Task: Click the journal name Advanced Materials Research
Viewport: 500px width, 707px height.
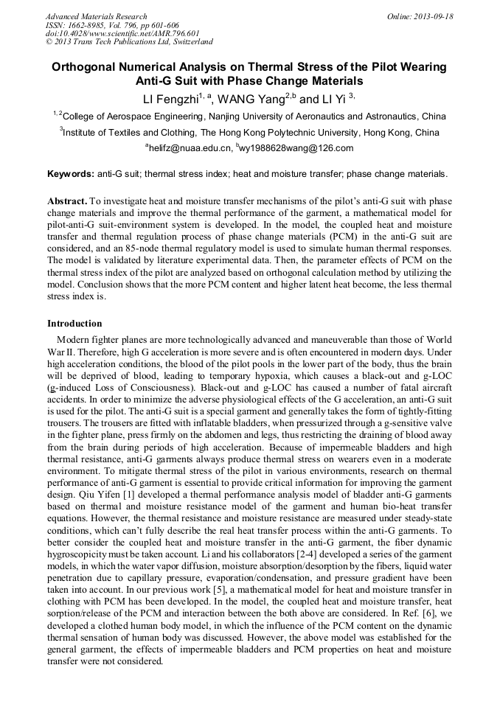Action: [97, 16]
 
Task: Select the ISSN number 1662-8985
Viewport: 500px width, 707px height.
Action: [93, 25]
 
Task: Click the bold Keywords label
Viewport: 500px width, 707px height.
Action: [70, 174]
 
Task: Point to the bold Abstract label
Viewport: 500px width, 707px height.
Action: [68, 201]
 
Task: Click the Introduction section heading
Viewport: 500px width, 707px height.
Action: [74, 324]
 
